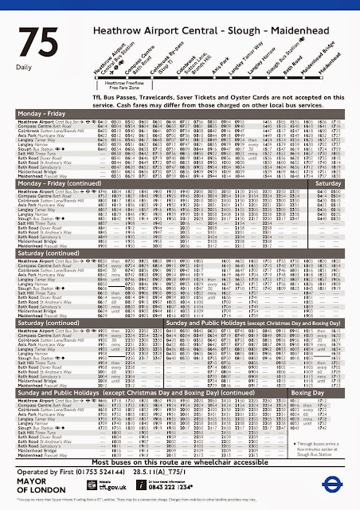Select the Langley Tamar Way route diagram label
point(237,74)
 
